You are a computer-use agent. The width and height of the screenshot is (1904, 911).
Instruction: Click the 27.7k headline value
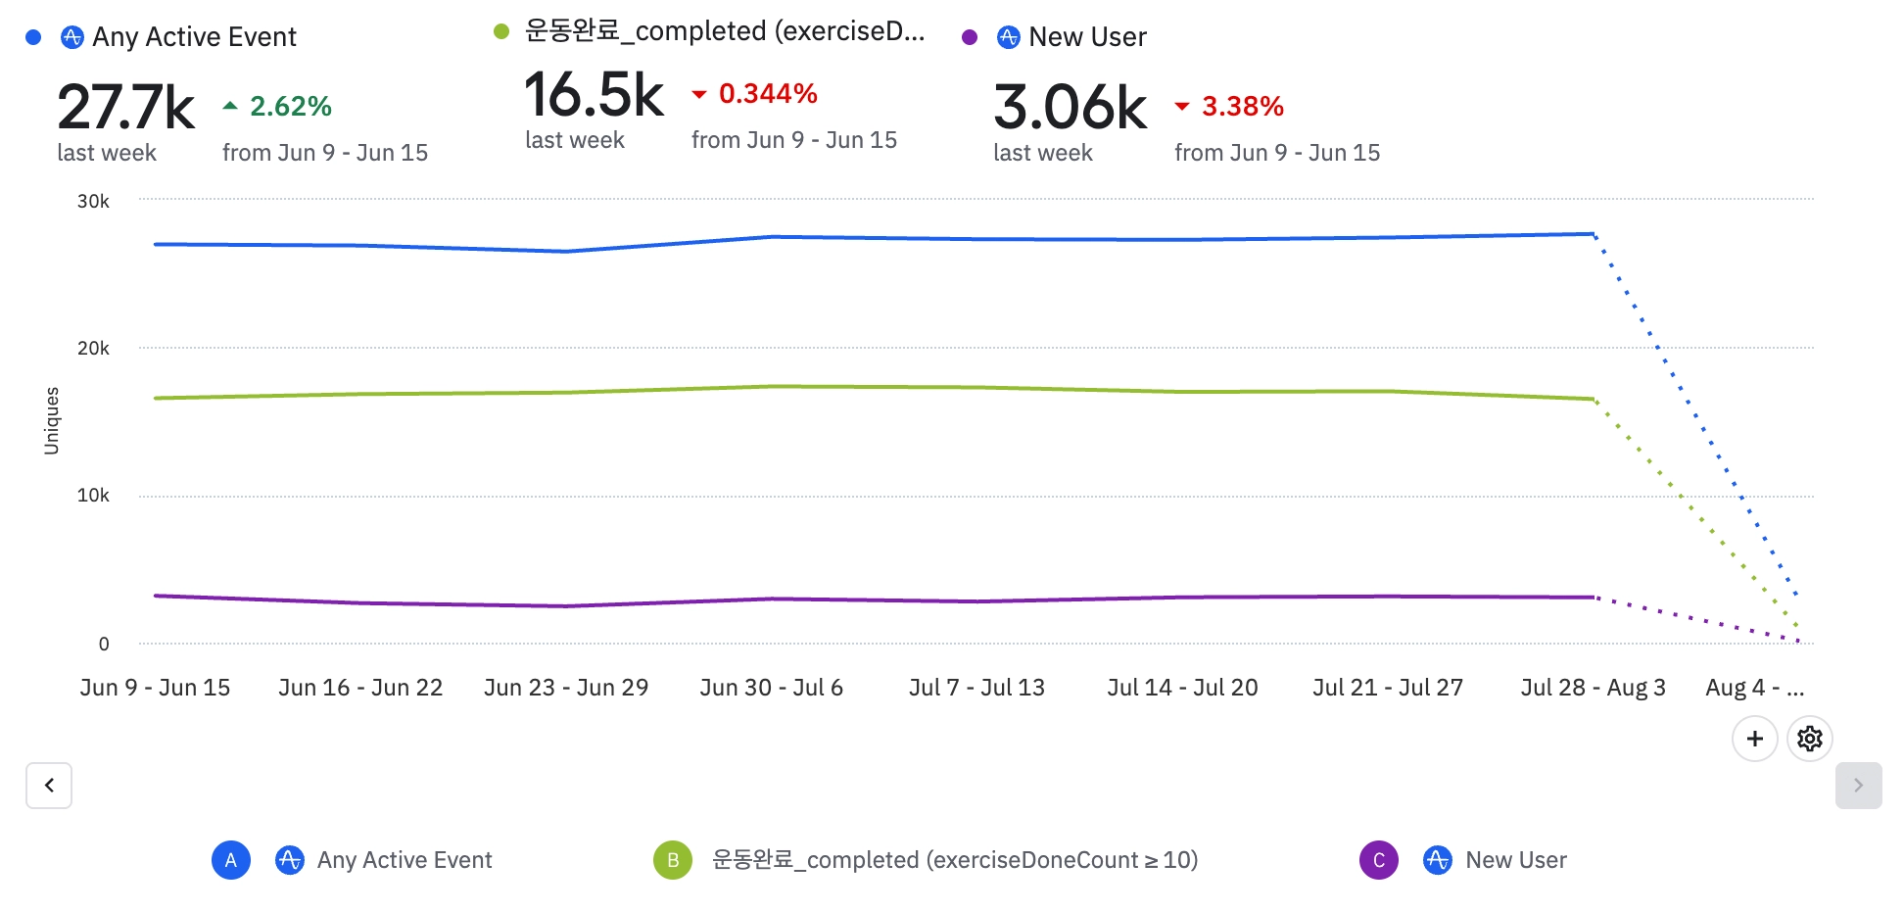coord(125,107)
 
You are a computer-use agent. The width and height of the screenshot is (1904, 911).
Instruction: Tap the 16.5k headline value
coord(594,95)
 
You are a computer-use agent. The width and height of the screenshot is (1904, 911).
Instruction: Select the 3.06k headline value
coord(1070,107)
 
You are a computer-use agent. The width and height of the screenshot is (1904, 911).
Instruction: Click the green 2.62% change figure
coord(290,106)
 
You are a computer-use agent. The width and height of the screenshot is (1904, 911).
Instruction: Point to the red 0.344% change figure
coord(768,94)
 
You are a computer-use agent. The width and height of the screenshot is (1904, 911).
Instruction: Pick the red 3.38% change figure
coord(1242,106)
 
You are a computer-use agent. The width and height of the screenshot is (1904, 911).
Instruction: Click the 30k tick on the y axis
coord(93,201)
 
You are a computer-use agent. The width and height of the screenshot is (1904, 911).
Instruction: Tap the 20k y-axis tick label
coord(93,348)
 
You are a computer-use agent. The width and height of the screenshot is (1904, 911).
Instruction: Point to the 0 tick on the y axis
coord(104,644)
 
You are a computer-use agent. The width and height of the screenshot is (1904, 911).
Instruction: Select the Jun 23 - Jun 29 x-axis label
coord(566,688)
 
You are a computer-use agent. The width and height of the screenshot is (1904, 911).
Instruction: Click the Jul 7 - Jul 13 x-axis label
coord(976,688)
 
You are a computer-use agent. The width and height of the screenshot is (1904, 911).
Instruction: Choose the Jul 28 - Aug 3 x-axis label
coord(1593,688)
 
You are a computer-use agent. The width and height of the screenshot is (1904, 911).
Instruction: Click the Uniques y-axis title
coord(52,421)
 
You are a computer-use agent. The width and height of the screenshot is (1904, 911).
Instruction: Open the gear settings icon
coord(1809,738)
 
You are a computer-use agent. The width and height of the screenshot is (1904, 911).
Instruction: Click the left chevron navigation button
coord(49,786)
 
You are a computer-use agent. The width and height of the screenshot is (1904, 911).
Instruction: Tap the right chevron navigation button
coord(1858,786)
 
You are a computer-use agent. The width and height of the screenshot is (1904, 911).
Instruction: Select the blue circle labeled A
coord(231,860)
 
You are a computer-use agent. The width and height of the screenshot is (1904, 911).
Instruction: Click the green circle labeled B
coord(673,860)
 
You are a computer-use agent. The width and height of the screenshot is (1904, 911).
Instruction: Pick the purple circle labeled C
coord(1378,860)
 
